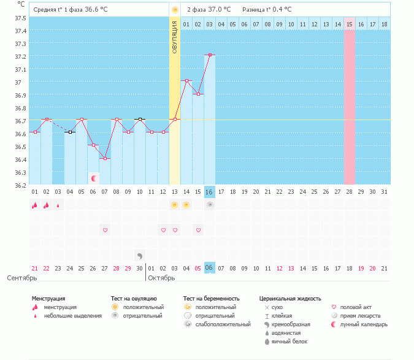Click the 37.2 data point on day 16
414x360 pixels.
210,55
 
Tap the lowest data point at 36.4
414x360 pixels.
105,159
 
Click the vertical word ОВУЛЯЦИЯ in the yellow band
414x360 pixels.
175,37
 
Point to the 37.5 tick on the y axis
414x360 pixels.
20,18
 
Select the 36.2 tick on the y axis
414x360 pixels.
20,185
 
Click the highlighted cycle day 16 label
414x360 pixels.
210,192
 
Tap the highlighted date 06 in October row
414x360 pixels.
210,268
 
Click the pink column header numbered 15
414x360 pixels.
350,24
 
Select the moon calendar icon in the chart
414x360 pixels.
94,178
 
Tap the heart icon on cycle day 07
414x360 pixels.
105,230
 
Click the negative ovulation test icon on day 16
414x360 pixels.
210,205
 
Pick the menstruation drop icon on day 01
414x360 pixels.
35,205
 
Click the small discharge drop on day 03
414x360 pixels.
58,205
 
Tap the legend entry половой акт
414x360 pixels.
355,307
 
